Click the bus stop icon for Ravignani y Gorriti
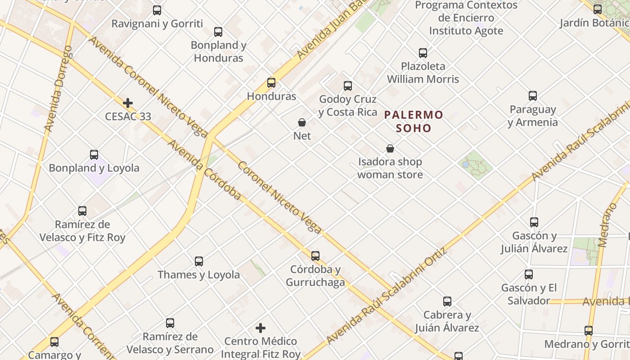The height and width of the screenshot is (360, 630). pos(157,10)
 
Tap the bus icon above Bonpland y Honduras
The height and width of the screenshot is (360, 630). pos(218,32)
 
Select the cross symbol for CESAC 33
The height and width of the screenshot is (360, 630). pos(128,103)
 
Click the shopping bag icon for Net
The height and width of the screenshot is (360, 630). pos(302,122)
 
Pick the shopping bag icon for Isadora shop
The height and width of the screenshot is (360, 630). pos(390,148)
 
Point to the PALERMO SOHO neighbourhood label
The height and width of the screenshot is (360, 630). pos(414,121)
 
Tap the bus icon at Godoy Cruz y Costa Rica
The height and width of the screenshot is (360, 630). pos(348,86)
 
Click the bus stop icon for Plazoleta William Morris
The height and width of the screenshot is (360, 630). pos(423,53)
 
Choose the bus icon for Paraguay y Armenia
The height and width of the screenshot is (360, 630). pos(533,96)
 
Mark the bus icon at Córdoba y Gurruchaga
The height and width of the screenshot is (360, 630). pos(315,256)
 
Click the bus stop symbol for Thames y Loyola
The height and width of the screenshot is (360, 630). pos(199,261)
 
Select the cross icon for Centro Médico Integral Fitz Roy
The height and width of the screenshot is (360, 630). pos(261,328)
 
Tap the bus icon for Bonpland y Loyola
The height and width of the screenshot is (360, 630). pos(94,155)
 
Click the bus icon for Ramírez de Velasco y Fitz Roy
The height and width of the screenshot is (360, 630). pos(82,211)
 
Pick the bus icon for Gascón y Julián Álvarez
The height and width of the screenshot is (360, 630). pos(534,222)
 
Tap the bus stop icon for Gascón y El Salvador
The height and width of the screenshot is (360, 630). pos(529,274)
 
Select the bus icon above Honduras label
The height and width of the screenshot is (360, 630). pos(271,83)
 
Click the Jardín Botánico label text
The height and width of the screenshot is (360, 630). pos(594,23)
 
